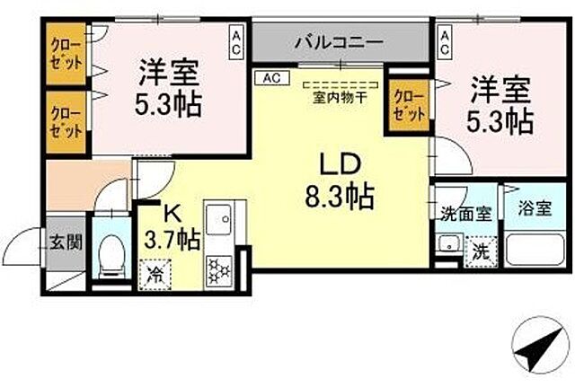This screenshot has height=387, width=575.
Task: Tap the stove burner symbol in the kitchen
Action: click(219, 268)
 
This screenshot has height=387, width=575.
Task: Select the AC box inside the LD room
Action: click(272, 78)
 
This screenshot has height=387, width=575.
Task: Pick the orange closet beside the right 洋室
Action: click(409, 105)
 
